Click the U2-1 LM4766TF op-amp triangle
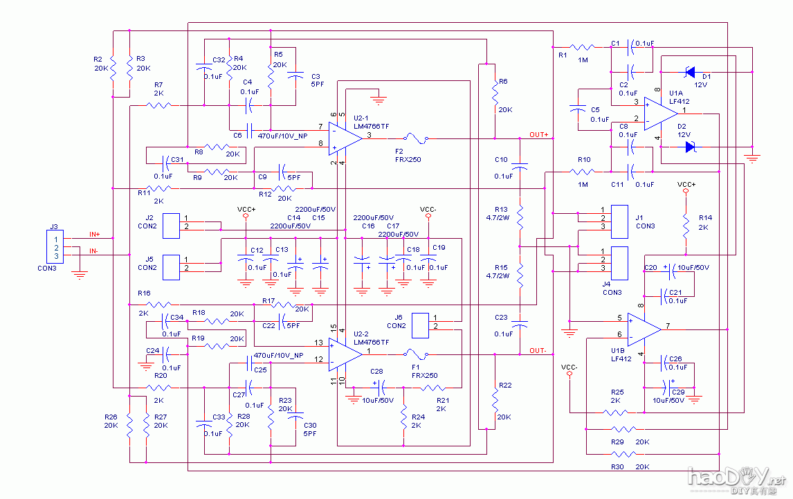pyautogui.click(x=344, y=137)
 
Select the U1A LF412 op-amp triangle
pyautogui.click(x=657, y=111)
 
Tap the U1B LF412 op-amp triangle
pyautogui.click(x=642, y=327)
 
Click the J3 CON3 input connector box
pyautogui.click(x=55, y=247)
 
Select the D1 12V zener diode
pyautogui.click(x=689, y=71)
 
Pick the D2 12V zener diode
pyautogui.click(x=689, y=146)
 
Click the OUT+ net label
pyautogui.click(x=538, y=134)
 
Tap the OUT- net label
pyautogui.click(x=538, y=351)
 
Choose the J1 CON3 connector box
pyautogui.click(x=620, y=217)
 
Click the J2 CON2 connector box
pyautogui.click(x=170, y=226)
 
